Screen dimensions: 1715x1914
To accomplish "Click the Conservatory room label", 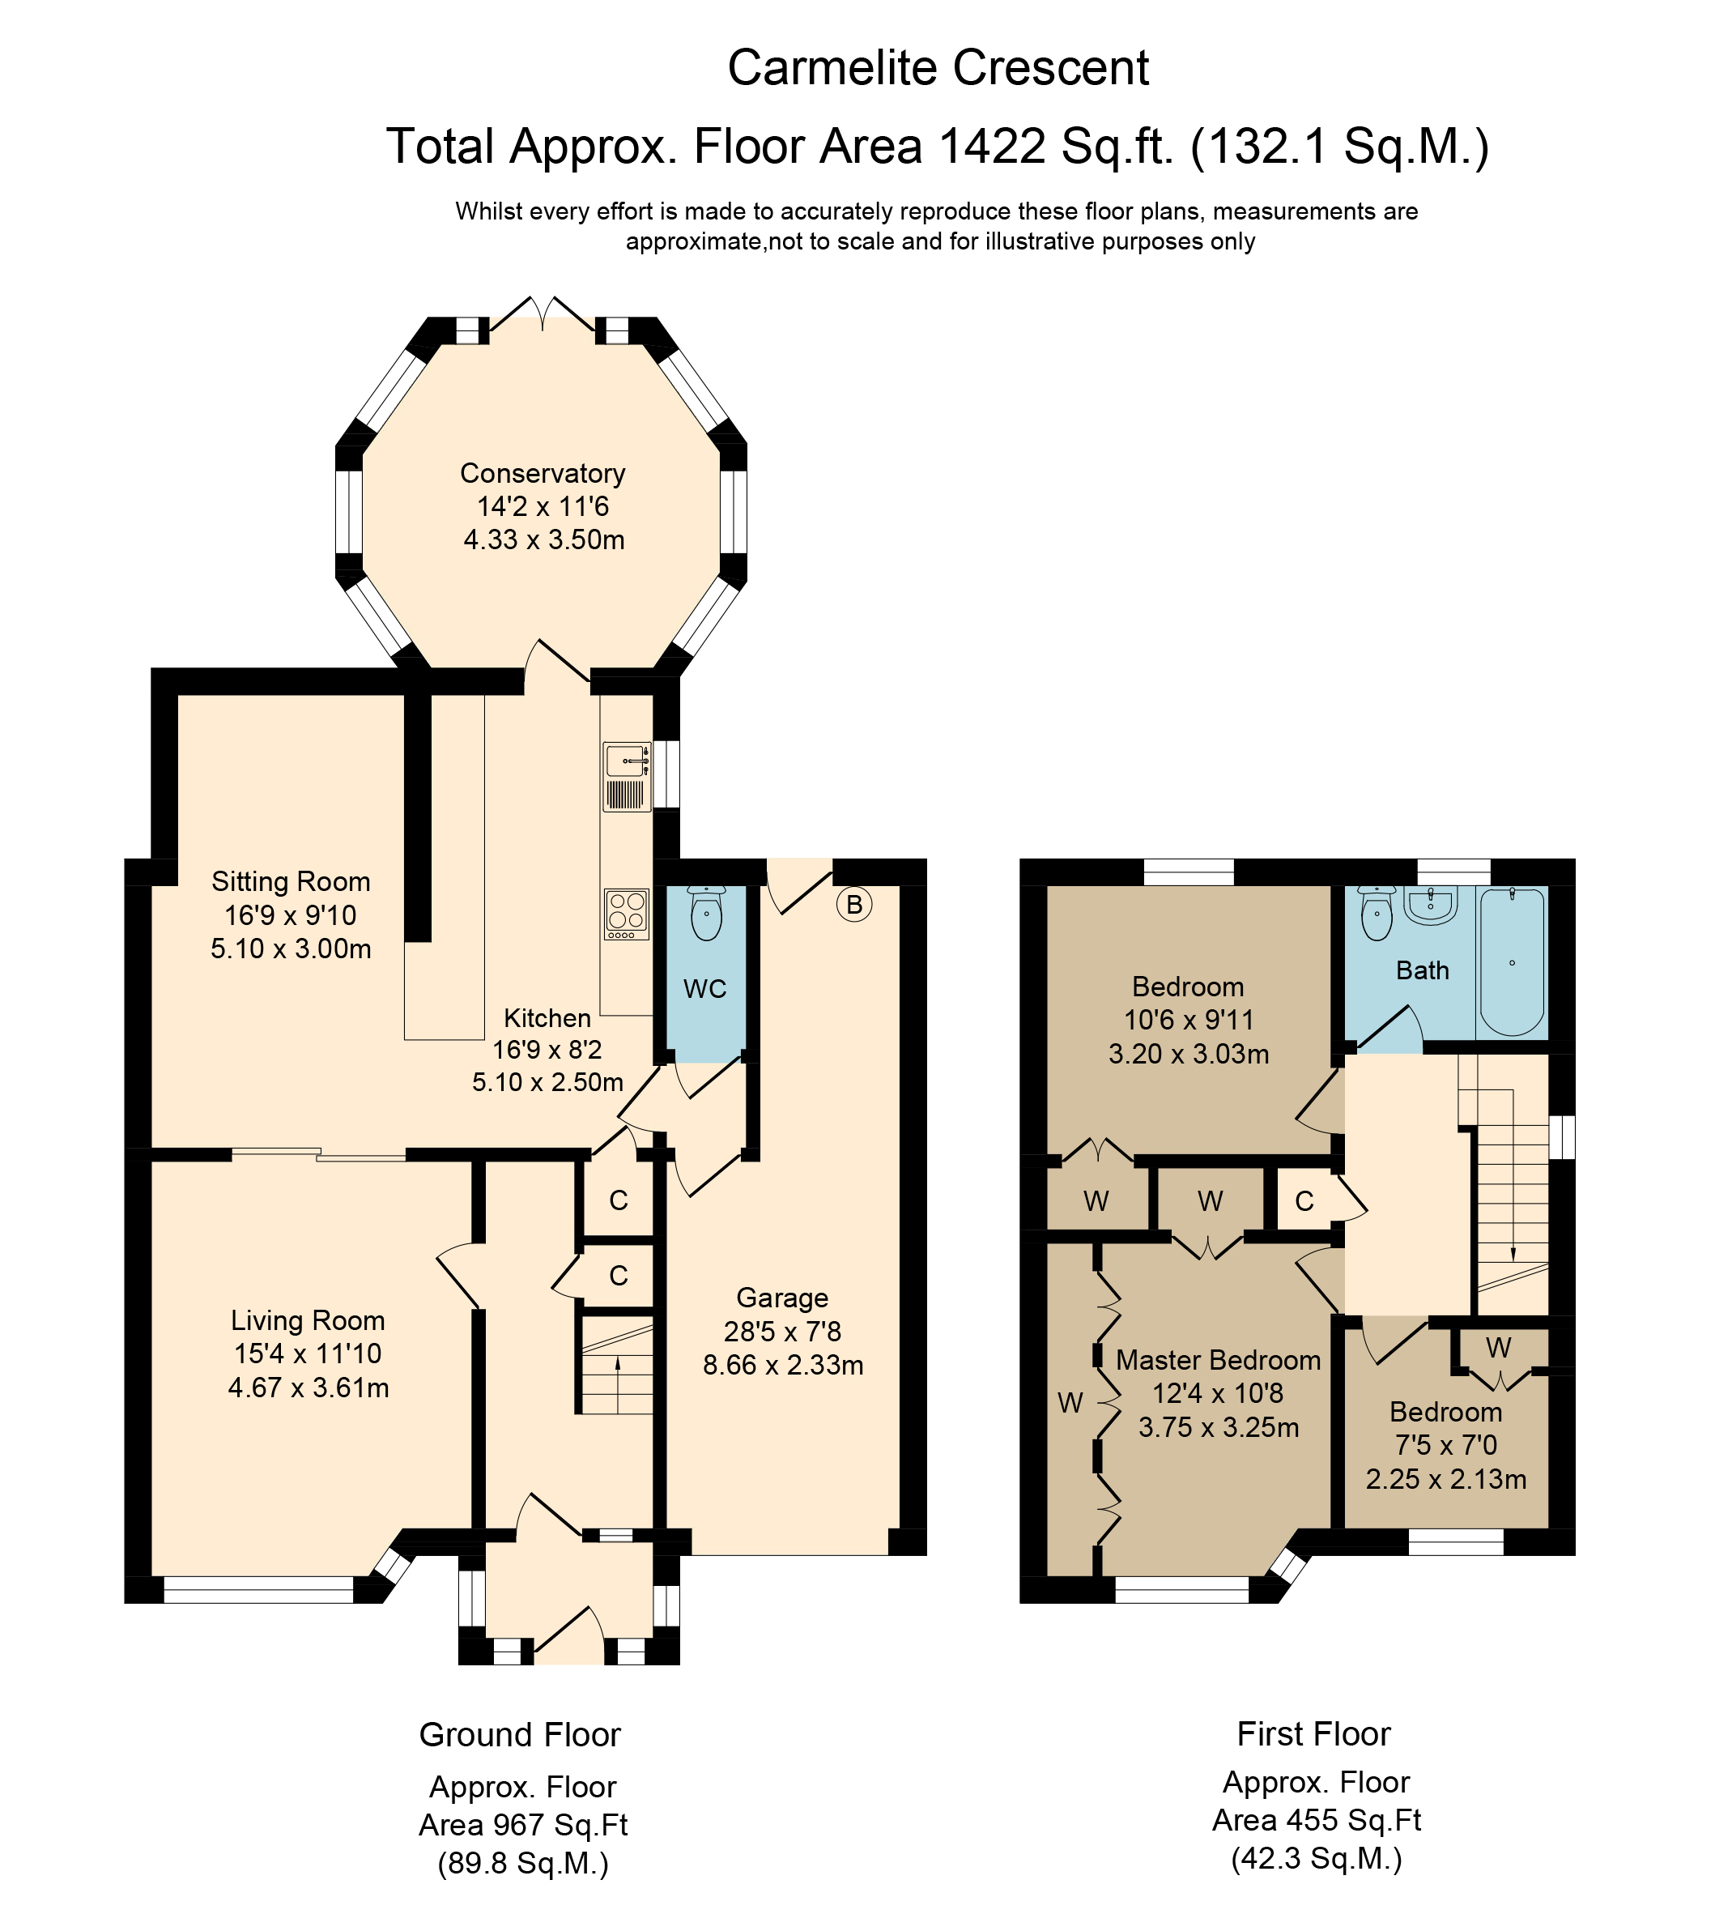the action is pos(542,473).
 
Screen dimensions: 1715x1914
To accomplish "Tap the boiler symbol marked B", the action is pos(853,905).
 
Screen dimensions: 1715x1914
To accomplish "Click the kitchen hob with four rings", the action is pos(627,914).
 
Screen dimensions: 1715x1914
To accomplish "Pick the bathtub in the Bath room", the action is pos(1513,962).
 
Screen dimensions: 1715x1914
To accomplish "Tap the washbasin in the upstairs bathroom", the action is pos(1431,905).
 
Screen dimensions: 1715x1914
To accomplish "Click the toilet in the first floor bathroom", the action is pos(1377,912).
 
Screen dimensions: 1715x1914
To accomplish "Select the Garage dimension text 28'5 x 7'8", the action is pos(782,1331).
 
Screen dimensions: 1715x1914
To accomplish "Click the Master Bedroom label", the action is pos(1219,1360).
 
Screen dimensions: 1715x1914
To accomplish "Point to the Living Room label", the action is pos(309,1320).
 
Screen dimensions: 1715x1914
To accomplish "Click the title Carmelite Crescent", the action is pos(938,68).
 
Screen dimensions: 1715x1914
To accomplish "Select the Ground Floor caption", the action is pos(520,1734).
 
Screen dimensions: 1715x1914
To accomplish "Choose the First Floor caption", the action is pos(1313,1733).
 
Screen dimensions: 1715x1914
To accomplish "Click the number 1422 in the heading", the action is pos(992,146).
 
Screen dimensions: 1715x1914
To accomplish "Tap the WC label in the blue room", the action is pos(704,988).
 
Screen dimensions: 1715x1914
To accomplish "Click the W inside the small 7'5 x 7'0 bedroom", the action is pos(1498,1347).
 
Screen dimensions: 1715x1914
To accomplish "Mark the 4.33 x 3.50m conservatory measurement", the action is pos(543,540).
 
